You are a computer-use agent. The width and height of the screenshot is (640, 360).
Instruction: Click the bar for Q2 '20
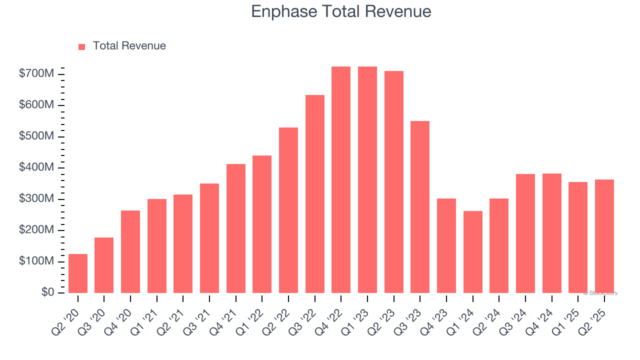pos(78,273)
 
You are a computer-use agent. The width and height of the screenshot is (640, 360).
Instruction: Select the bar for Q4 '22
pos(341,180)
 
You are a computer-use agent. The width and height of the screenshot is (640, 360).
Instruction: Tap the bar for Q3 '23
pos(420,207)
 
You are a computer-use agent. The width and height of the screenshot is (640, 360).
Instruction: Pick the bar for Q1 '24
pos(472,252)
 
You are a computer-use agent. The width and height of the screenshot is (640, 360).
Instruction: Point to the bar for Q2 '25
pos(604,236)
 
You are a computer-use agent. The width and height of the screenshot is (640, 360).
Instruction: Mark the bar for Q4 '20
pos(130,251)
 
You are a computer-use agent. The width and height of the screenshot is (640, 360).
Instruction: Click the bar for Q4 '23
pos(446,245)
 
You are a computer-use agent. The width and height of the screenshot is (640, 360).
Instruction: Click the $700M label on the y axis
pos(36,74)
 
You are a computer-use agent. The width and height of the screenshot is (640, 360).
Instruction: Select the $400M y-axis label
pos(36,167)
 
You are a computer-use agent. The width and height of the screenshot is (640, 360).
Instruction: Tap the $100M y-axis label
pos(36,261)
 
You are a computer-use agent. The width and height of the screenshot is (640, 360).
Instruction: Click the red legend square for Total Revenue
pos(82,46)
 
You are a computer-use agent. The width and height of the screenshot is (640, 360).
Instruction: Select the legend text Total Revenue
pos(129,46)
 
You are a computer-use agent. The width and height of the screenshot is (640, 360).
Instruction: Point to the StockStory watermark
pos(600,293)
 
